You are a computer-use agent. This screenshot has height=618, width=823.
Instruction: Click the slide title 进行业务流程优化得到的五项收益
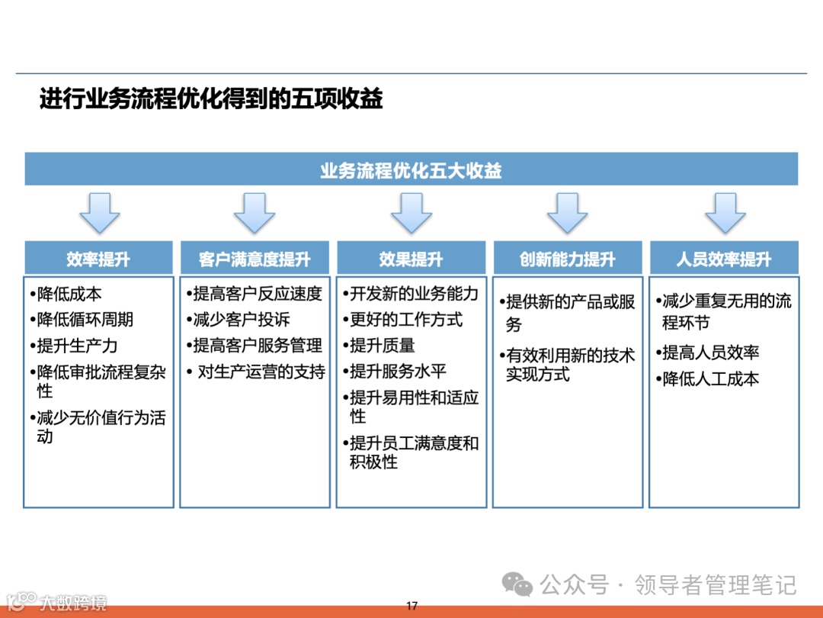[x=211, y=99]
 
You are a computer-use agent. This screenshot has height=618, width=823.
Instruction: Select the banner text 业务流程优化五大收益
[x=411, y=170]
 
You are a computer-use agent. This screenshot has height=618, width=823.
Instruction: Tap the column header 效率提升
[x=98, y=259]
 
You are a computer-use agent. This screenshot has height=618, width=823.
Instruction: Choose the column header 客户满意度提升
[x=255, y=259]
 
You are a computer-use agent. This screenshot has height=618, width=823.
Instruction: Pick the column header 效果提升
[x=411, y=259]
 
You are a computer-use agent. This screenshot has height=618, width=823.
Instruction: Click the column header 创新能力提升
[x=567, y=259]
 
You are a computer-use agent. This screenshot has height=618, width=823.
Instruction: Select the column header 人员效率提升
[x=724, y=259]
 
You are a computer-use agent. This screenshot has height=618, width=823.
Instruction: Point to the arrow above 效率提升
[x=99, y=212]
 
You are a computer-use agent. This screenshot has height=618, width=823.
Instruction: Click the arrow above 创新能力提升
[x=567, y=212]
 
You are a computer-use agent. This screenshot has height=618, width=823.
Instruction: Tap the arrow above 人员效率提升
[x=725, y=212]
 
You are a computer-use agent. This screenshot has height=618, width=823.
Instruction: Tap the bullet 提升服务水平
[x=398, y=372]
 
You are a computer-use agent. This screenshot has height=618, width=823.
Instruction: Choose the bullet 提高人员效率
[x=710, y=352]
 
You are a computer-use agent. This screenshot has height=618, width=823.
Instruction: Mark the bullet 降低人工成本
[x=710, y=378]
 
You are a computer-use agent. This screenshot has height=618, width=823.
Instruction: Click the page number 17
[x=411, y=606]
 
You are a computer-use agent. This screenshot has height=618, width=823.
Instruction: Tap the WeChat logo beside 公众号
[x=517, y=586]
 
